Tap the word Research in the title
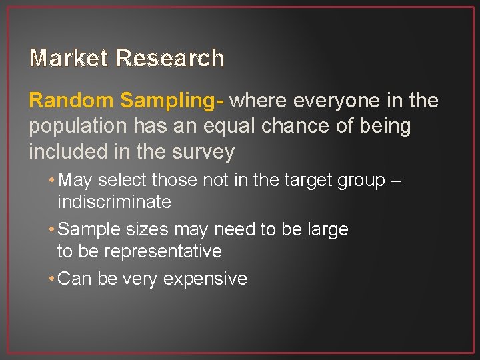click(x=170, y=59)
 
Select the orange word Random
click(x=71, y=101)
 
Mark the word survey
click(x=203, y=153)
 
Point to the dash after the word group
click(x=397, y=181)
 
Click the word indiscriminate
click(x=114, y=202)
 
